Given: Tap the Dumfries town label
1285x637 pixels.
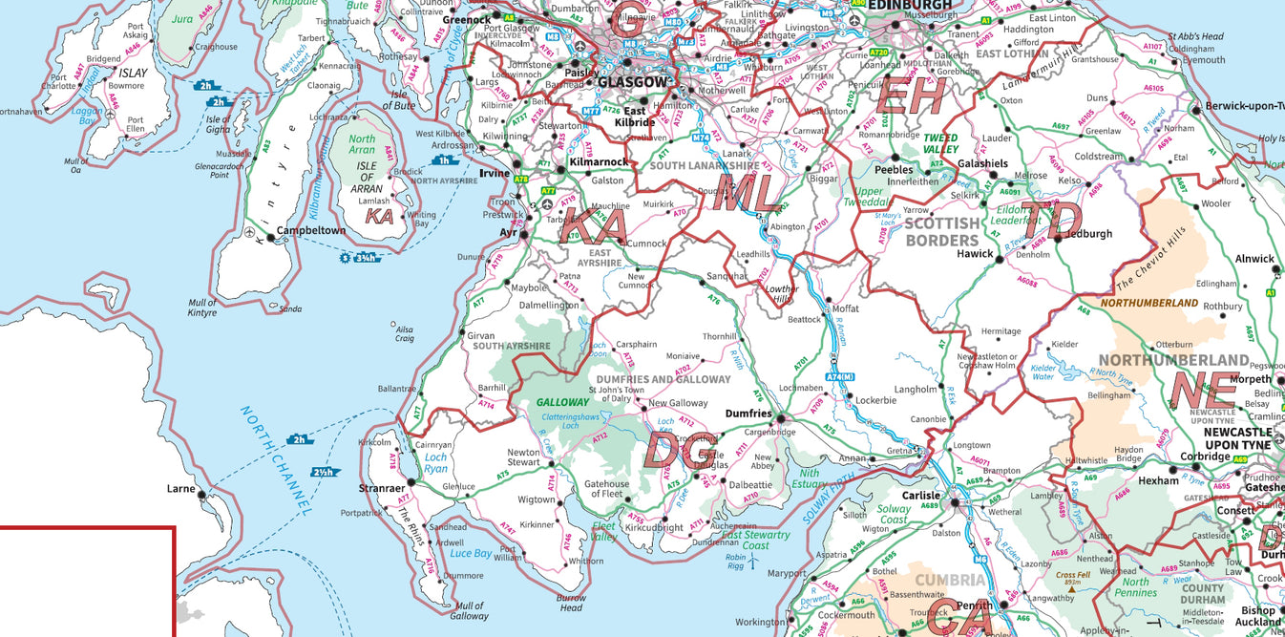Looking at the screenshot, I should click(x=748, y=414).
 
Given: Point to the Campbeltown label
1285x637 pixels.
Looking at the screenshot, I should click(x=311, y=231).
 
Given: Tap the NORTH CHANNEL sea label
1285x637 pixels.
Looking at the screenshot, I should click(x=276, y=460).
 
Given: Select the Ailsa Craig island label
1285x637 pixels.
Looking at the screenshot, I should click(x=405, y=333).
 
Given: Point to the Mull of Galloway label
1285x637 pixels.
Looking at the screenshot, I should click(x=469, y=611).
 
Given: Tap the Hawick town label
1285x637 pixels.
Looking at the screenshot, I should click(x=976, y=254).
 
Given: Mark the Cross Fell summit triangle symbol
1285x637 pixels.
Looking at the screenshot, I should click(x=1071, y=589).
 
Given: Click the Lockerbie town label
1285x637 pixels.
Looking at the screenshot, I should click(x=875, y=400).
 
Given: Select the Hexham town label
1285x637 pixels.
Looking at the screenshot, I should click(x=1158, y=480).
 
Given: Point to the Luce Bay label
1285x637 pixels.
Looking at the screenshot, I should click(x=470, y=554).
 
